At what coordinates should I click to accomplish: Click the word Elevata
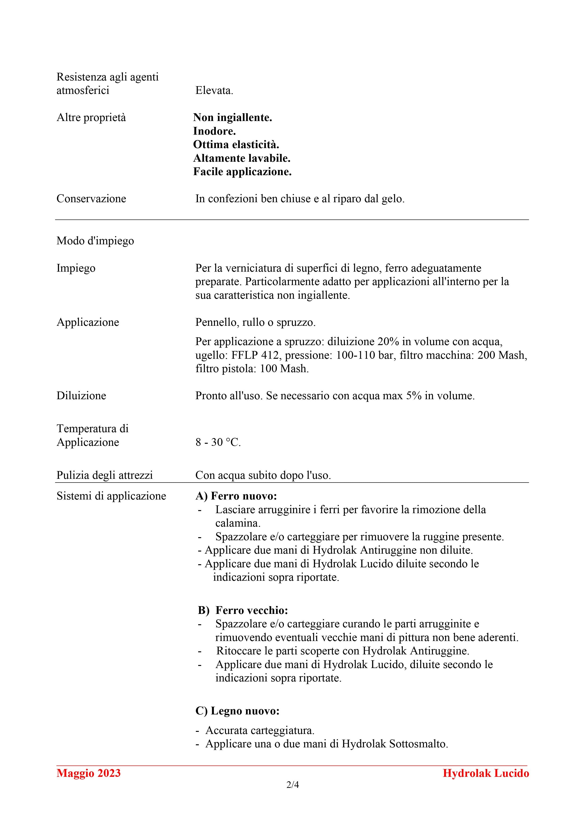[214, 91]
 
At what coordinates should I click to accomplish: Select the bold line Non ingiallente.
[233, 118]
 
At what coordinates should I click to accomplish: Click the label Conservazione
[91, 199]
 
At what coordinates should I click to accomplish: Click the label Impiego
[76, 268]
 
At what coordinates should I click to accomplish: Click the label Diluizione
[81, 396]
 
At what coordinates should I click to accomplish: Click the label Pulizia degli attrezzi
[105, 475]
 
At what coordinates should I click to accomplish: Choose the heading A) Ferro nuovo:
[236, 496]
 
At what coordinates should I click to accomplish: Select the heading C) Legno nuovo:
[238, 711]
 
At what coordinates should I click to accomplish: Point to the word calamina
[238, 523]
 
